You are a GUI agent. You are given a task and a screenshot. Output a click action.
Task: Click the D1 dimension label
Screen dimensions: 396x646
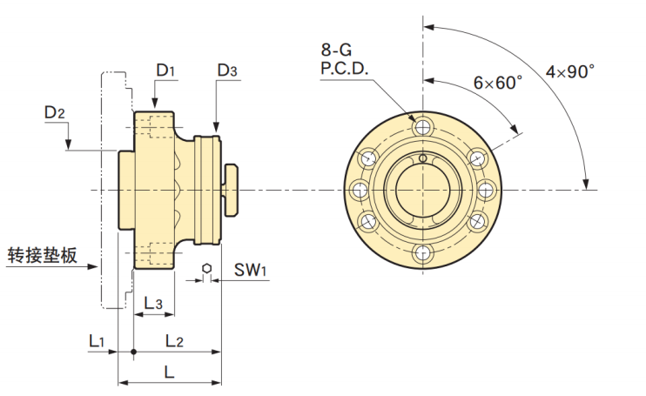165,70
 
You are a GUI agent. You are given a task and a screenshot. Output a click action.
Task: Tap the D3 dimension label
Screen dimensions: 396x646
228,70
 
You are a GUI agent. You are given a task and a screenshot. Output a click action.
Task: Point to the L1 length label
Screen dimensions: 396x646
97,341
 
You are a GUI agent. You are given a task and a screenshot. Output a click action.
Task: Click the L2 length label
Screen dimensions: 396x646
173,341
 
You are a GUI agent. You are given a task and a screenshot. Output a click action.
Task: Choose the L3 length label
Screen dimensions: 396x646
153,303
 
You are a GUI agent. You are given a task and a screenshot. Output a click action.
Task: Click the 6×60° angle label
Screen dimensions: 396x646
497,83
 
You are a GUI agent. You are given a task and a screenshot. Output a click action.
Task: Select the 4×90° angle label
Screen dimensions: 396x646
570,71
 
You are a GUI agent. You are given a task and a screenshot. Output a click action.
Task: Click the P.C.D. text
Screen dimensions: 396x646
346,69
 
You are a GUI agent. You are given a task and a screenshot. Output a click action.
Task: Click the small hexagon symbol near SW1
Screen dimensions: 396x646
206,268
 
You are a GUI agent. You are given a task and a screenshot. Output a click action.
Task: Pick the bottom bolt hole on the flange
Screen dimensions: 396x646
423,253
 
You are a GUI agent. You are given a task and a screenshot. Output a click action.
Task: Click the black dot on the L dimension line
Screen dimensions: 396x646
132,352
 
